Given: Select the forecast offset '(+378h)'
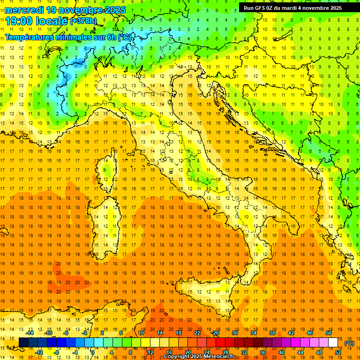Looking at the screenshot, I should (83, 21).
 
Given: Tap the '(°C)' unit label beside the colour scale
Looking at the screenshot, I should (349, 343).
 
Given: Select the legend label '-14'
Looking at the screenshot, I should (30, 333).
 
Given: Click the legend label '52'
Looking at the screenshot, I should (338, 352).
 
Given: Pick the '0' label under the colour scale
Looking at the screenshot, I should (93, 352).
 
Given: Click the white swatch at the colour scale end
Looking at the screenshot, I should (333, 343).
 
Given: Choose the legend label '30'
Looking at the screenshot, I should (235, 333).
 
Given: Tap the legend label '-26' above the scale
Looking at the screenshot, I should (215, 333).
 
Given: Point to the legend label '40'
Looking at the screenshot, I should (282, 352).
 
